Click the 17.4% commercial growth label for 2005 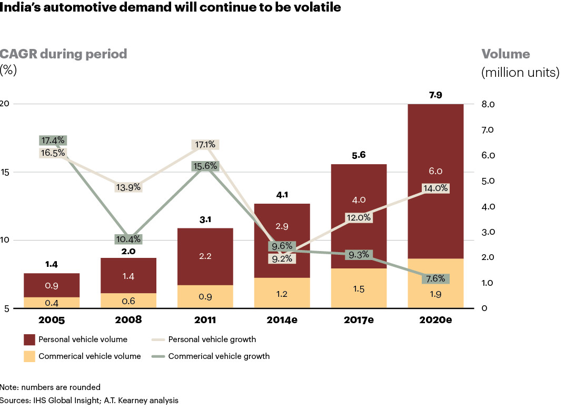52,141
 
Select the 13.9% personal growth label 128,187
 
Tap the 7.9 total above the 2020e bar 435,95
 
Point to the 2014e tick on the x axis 282,319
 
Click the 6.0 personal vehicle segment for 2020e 435,171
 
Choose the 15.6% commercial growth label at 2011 205,166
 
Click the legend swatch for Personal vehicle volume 29,339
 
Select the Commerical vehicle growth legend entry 219,356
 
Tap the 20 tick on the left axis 5,104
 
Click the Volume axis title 505,54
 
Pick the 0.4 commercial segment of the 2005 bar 52,303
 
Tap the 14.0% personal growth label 435,188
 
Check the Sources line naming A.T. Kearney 89,400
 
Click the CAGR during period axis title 64,54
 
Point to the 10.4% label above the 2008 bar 128,239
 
